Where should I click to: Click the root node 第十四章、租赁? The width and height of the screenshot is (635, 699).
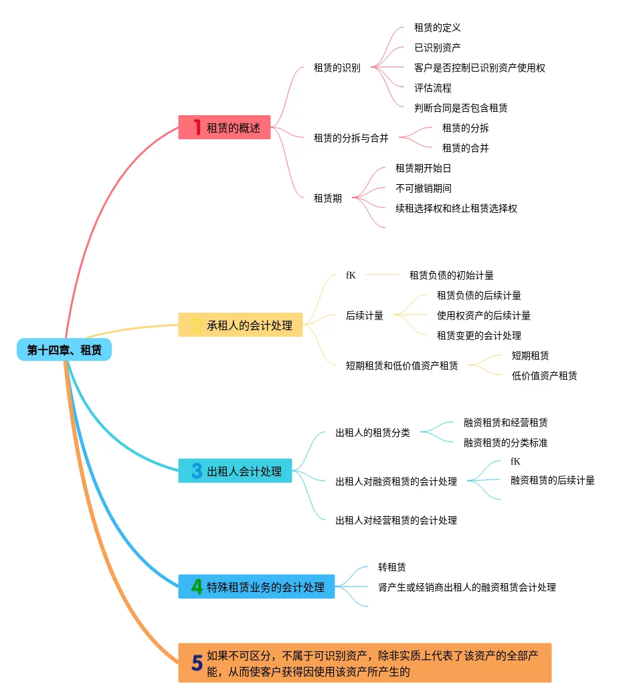click(64, 349)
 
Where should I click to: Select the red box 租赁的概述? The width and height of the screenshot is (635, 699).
click(225, 127)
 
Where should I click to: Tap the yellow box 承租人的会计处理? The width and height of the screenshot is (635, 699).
click(241, 325)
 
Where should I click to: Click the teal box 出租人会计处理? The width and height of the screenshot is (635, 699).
click(236, 471)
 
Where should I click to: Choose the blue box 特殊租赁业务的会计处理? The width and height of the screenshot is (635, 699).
click(257, 587)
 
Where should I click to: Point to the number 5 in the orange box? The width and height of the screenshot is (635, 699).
click(197, 663)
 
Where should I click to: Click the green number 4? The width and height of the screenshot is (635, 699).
click(197, 587)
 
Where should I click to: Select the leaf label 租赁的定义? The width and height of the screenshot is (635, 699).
click(438, 27)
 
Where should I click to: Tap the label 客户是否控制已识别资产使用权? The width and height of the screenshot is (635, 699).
click(480, 68)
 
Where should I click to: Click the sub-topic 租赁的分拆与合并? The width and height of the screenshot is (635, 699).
click(351, 138)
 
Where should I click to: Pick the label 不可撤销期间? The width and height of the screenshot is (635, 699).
click(424, 189)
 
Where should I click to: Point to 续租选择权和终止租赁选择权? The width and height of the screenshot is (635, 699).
click(456, 209)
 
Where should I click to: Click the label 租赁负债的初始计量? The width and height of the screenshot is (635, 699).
click(452, 275)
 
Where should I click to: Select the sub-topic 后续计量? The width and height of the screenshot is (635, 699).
click(365, 315)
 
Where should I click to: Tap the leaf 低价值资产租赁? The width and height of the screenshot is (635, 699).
click(544, 376)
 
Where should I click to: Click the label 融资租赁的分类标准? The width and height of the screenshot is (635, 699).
click(506, 443)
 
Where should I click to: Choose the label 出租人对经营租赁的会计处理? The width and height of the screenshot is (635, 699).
click(396, 520)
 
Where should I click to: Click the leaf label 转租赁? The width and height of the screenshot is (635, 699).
click(392, 567)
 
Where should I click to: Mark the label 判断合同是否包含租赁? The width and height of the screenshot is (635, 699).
click(461, 108)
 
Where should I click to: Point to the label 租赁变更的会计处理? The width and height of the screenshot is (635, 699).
click(479, 335)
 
